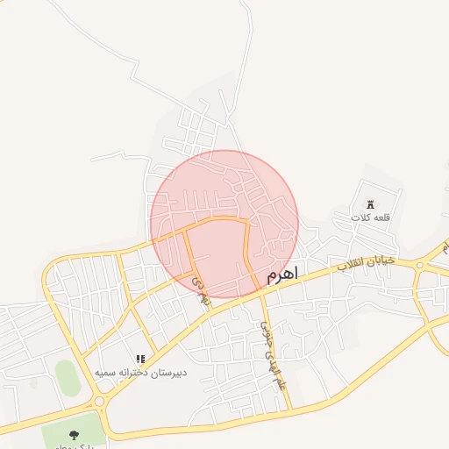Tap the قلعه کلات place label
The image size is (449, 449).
tap(368, 217)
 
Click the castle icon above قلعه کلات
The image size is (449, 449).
tap(369, 203)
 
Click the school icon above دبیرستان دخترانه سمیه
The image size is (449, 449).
tap(140, 359)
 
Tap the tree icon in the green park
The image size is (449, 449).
tap(73, 434)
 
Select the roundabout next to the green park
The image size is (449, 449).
tap(98, 402)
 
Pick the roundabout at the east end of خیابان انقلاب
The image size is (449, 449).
tap(420, 264)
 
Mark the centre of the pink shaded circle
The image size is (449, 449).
tap(224, 224)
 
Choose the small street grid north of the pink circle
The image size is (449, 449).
tap(197, 132)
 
